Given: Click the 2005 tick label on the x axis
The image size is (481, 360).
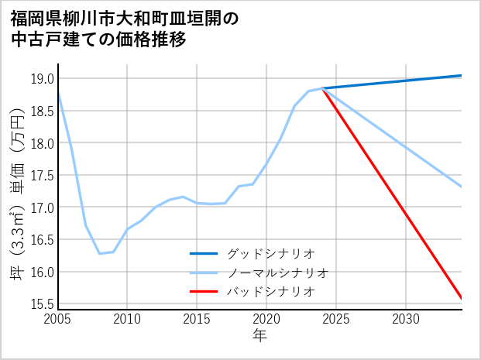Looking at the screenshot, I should point(58,319).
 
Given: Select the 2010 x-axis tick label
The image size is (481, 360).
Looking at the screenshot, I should point(128,319).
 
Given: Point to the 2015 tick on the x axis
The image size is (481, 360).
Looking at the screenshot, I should point(197,319).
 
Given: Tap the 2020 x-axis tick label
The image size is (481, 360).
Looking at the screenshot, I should point(266,319).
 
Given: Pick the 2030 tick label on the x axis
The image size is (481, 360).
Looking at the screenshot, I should point(406,319).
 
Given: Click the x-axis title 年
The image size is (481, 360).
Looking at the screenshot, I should point(259,335).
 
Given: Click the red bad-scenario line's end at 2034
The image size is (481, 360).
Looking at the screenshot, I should point(462,298).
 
